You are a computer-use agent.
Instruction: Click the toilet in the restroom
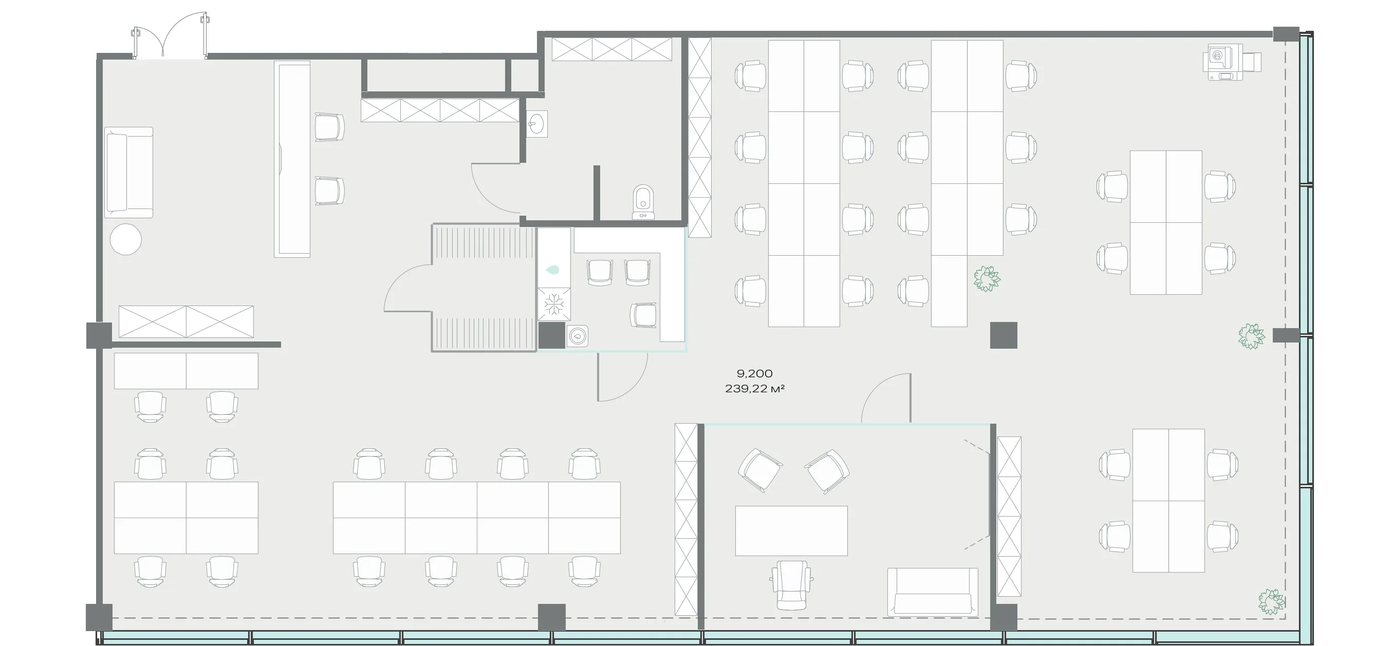tap(643, 202)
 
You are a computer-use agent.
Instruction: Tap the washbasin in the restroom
tap(537, 124)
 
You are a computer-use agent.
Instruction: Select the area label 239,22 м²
tap(755, 388)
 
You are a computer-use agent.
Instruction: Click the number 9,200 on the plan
tap(754, 373)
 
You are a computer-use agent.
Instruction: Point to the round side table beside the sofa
tap(125, 239)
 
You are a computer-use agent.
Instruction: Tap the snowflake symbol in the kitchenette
tap(554, 304)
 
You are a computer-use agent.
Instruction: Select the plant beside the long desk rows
tap(987, 279)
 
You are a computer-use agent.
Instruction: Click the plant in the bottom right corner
tap(1271, 602)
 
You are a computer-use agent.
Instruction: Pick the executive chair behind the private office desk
tap(792, 585)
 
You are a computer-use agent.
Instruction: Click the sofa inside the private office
tap(932, 592)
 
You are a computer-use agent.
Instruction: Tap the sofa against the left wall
tap(128, 173)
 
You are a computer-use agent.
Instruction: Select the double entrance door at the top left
tap(170, 42)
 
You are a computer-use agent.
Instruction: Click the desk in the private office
tap(791, 531)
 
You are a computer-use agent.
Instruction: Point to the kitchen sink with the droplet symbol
tap(554, 269)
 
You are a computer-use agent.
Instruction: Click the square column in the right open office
tap(1004, 335)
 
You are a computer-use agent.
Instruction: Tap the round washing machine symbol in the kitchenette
tap(578, 336)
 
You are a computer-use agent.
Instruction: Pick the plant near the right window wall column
tap(1252, 336)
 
